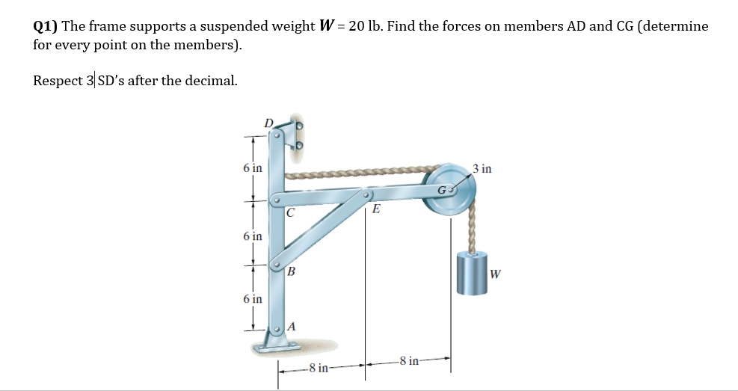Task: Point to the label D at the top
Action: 268,122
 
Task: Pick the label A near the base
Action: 292,326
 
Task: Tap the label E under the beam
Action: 376,210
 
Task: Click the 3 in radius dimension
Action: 483,168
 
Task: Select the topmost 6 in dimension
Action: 253,167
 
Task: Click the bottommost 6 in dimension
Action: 253,298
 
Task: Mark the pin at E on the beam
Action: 367,197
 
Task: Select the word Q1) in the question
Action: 45,26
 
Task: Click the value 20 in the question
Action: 357,26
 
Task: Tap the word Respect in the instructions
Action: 58,80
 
